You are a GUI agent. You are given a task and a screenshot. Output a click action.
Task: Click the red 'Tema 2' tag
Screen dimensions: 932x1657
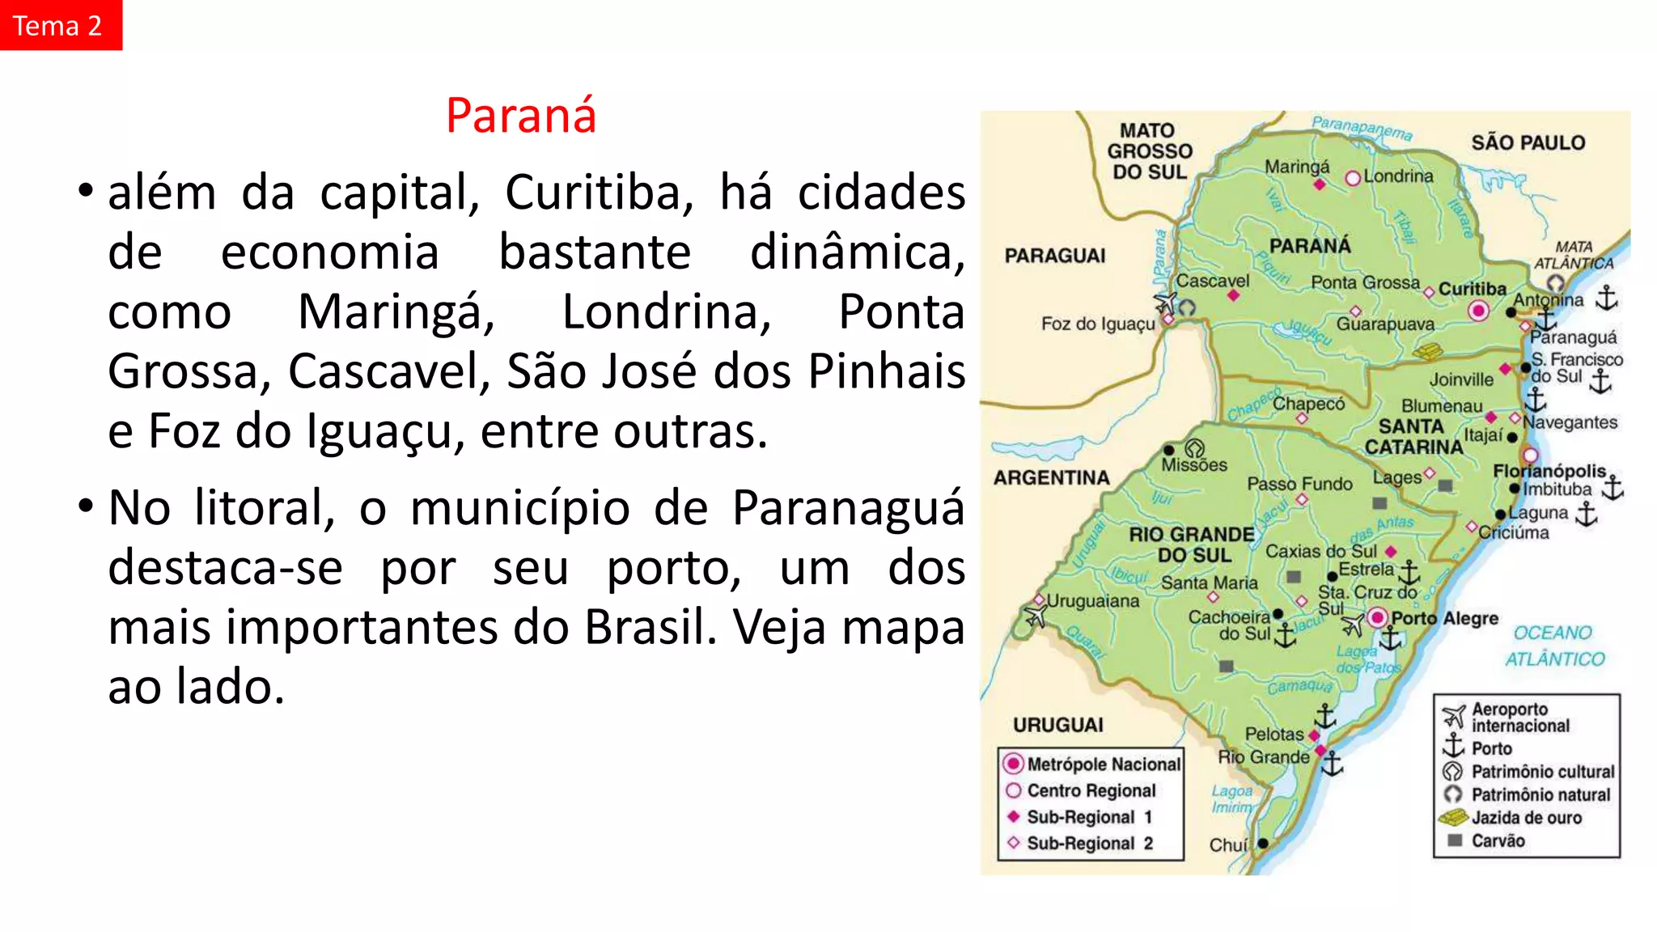[x=58, y=25]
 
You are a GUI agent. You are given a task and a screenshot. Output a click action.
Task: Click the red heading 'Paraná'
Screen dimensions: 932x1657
[x=521, y=116]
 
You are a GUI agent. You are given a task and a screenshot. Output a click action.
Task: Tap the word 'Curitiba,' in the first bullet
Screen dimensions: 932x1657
[x=599, y=193]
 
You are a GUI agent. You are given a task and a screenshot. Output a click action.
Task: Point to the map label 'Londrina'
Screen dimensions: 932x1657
[x=1398, y=176]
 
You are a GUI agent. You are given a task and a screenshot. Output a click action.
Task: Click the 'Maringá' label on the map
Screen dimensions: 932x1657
[x=1297, y=167]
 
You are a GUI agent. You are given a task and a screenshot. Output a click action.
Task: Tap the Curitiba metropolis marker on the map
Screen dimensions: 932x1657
[x=1478, y=310]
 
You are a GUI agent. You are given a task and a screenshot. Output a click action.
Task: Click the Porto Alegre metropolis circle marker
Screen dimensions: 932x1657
[x=1377, y=619]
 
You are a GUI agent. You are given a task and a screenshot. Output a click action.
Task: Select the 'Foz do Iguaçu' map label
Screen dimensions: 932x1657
[x=1098, y=324]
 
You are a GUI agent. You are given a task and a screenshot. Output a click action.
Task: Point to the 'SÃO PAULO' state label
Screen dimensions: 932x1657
[x=1528, y=143]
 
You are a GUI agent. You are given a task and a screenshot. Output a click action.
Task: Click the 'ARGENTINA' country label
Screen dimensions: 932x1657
[x=1051, y=478]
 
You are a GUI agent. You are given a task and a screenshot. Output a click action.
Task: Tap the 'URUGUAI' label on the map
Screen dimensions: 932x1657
[x=1057, y=725]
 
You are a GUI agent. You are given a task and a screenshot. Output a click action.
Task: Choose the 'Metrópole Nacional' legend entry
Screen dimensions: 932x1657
[x=1103, y=765]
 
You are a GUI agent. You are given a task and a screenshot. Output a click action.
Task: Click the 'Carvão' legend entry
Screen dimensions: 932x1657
[x=1497, y=841]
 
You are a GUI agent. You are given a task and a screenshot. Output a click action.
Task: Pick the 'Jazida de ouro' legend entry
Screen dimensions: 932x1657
[x=1525, y=818]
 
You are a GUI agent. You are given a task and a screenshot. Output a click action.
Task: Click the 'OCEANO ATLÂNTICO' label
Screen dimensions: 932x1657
[x=1553, y=646]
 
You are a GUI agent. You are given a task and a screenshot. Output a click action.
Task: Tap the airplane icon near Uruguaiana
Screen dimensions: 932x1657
[x=1035, y=617]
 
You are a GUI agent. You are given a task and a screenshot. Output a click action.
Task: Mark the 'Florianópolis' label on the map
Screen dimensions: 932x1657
[x=1549, y=471]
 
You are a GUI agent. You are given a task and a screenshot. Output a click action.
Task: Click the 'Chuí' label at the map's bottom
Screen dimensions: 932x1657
[x=1228, y=845]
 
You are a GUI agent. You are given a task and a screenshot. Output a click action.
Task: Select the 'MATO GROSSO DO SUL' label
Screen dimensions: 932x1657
[x=1149, y=151]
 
